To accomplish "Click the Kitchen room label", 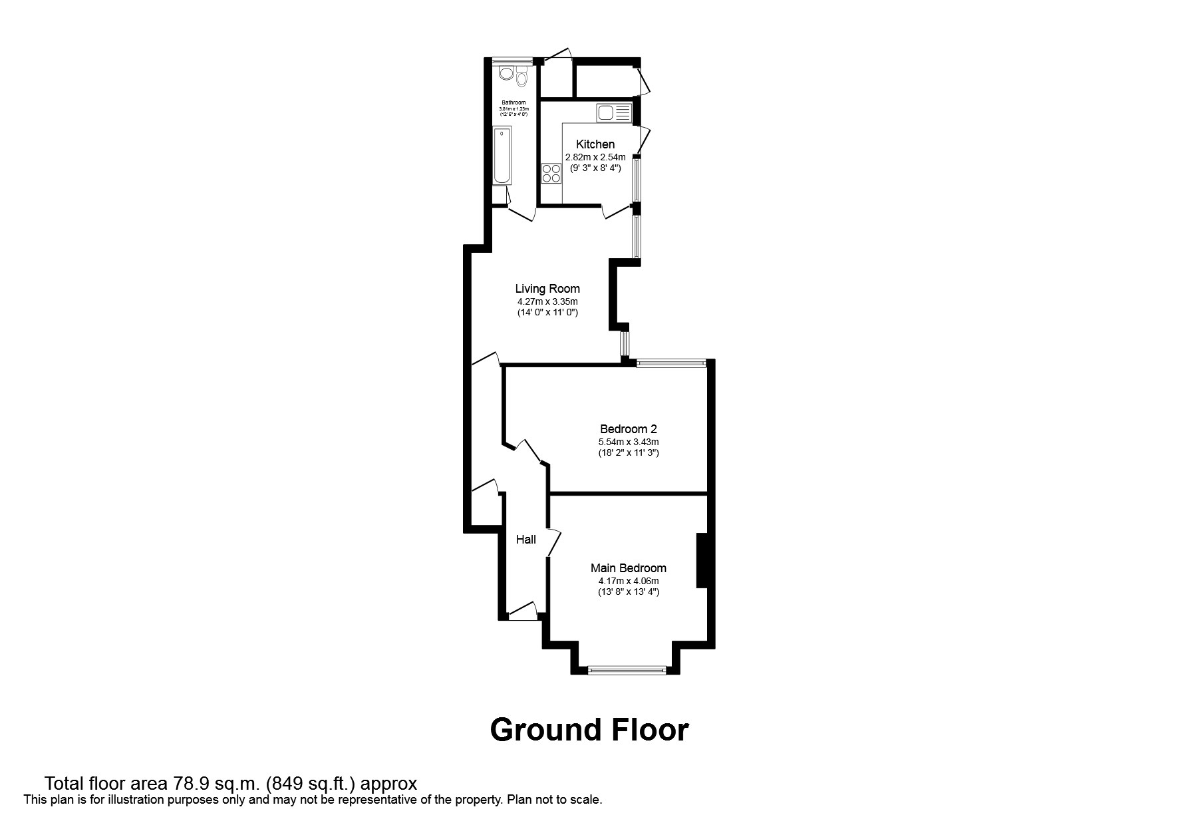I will click(x=595, y=144).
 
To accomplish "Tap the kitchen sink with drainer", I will click(x=613, y=112).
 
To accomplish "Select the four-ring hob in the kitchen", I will click(x=551, y=174).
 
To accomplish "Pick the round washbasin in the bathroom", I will click(x=506, y=73).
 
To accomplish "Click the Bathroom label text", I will click(x=514, y=102).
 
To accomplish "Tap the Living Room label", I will click(x=547, y=289).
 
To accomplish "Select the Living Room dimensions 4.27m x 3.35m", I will click(x=547, y=301).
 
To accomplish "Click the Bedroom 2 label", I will click(x=628, y=429).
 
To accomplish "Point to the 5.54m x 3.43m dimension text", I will click(x=628, y=442).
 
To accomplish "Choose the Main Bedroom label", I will click(x=628, y=568).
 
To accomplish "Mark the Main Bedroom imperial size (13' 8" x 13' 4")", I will click(x=628, y=591).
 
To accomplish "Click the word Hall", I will click(x=526, y=540).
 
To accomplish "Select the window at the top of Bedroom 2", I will click(x=670, y=363).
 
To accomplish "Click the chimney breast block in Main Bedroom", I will click(x=701, y=560).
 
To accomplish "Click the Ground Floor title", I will click(x=589, y=730).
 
